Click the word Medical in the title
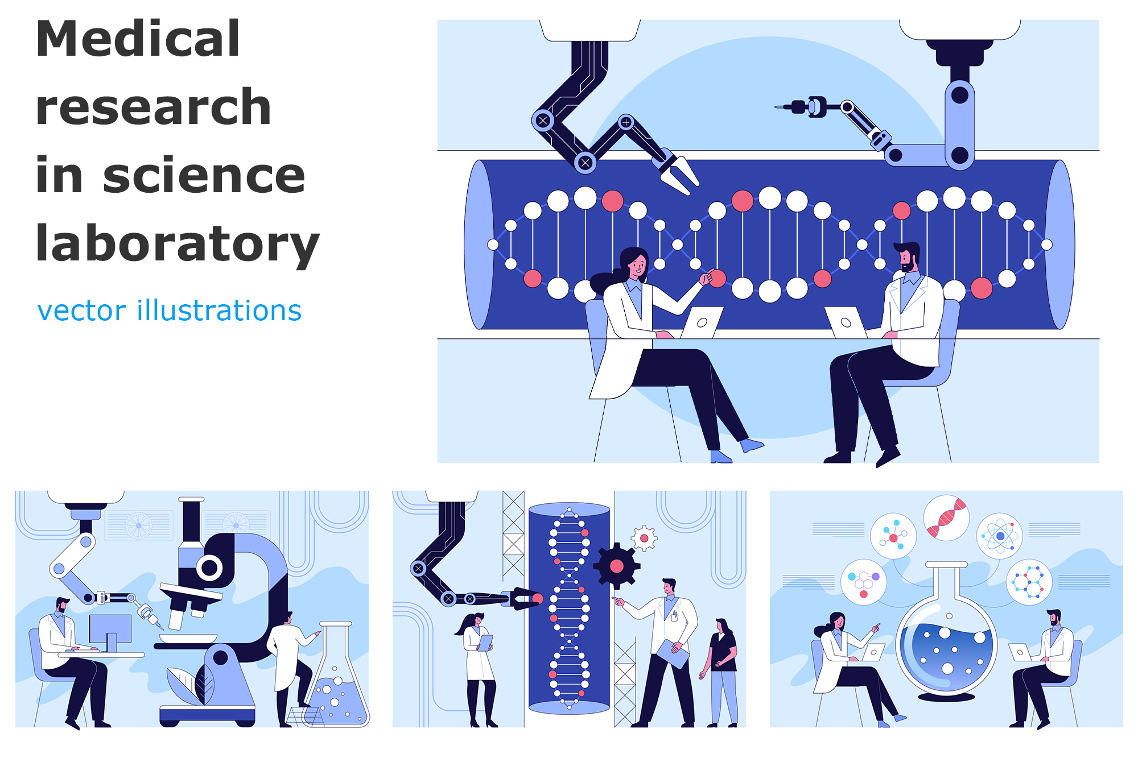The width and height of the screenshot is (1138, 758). click(x=138, y=39)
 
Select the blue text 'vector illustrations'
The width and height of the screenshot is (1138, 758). click(x=169, y=310)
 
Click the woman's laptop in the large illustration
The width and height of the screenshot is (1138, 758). click(x=702, y=322)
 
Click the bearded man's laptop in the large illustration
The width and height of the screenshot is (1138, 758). click(x=846, y=322)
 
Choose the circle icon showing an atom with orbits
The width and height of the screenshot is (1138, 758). click(x=1000, y=536)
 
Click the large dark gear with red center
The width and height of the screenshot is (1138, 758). click(x=616, y=566)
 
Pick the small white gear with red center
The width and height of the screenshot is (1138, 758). click(x=644, y=538)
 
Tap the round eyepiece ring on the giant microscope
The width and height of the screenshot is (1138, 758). click(x=209, y=567)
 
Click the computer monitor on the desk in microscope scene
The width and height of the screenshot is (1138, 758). click(x=110, y=630)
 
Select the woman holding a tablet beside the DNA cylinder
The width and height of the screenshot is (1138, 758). click(x=479, y=660)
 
